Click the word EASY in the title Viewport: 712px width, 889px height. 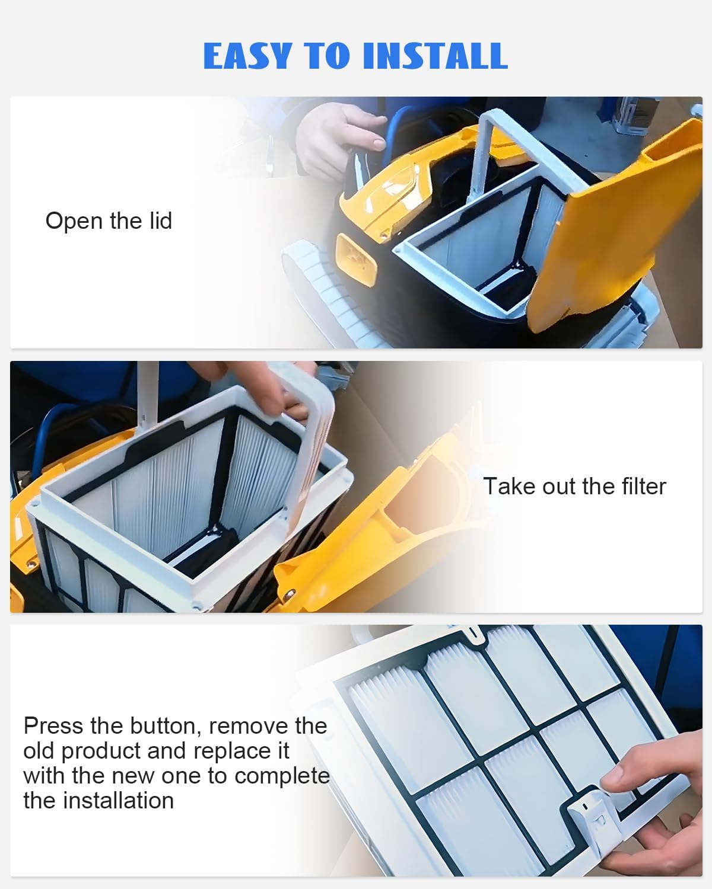248,56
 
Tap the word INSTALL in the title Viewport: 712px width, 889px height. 436,56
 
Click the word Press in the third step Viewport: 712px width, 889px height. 53,726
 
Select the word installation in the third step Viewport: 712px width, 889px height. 118,801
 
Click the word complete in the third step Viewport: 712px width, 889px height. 282,776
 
